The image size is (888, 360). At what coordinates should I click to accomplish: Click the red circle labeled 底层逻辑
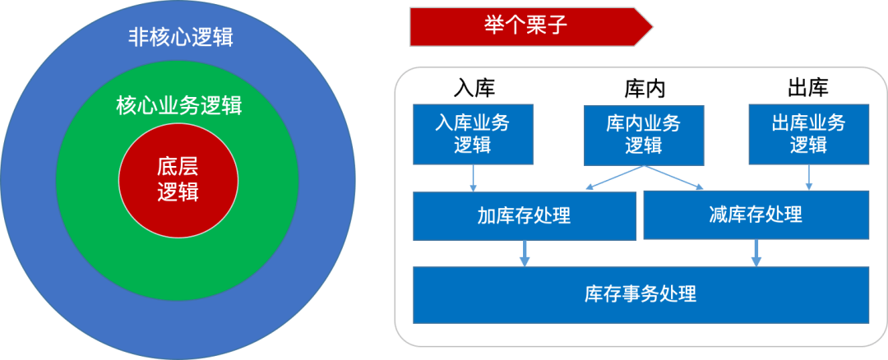178,179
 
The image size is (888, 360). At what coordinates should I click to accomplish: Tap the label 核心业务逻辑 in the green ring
179,106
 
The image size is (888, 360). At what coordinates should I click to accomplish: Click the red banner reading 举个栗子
531,26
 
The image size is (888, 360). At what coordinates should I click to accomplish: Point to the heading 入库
474,88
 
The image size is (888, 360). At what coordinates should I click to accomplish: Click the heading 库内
645,89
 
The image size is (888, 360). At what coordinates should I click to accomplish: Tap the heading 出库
808,88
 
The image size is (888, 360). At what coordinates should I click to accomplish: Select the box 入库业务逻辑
473,134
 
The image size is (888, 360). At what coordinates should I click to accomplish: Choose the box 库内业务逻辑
644,136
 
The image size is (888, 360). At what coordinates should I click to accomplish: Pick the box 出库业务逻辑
809,134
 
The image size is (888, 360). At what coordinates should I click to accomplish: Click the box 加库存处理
525,215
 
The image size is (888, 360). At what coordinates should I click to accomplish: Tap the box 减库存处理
756,215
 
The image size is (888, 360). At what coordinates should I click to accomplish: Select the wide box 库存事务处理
641,295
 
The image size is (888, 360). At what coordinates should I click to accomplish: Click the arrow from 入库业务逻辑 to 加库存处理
474,178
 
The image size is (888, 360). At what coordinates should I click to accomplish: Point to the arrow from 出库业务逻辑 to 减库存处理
809,178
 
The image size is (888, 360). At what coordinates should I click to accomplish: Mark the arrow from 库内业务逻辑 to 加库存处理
615,178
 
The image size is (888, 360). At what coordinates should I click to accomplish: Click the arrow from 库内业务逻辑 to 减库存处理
673,178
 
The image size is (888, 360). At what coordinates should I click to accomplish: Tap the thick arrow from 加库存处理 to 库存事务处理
525,254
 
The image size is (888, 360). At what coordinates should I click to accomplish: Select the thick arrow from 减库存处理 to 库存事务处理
756,253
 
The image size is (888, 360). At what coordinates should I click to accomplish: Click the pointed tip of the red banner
652,26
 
